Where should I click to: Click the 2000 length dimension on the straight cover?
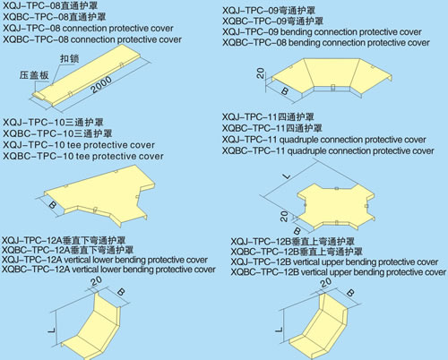tap(101, 84)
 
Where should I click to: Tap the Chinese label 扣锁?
tap(70, 58)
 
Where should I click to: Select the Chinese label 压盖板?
tap(34, 75)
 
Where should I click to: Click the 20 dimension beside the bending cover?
tap(261, 73)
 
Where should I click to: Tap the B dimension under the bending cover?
tap(285, 90)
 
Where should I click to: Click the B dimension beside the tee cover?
tap(53, 205)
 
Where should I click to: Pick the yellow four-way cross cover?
tap(336, 206)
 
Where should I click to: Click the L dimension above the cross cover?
tap(287, 176)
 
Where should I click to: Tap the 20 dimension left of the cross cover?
tap(284, 216)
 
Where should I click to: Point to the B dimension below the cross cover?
tap(297, 230)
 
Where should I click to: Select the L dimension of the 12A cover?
tap(52, 330)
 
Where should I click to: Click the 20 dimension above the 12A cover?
tap(96, 281)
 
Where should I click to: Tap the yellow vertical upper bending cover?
tap(320, 329)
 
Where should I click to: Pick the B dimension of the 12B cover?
tap(350, 293)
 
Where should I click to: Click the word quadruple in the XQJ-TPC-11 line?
tap(299, 140)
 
